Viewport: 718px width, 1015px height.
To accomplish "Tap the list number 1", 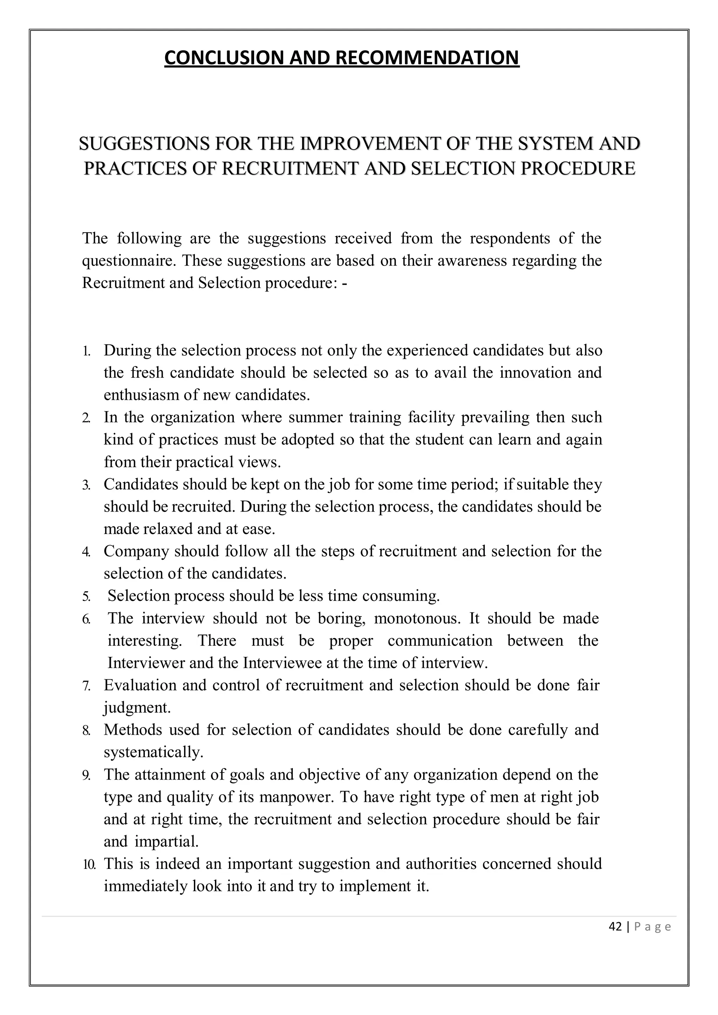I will point(86,351).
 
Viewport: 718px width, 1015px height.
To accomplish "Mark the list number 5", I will point(86,597).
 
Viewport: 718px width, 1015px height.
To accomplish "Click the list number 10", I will point(89,865).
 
